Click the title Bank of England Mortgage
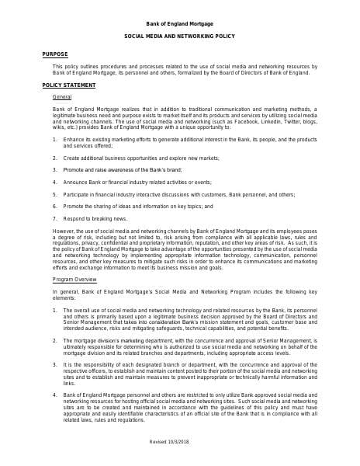[179, 24]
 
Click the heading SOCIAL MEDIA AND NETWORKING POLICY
[179, 37]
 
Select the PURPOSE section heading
[54, 54]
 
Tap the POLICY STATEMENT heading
[68, 85]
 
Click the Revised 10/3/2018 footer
[179, 441]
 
